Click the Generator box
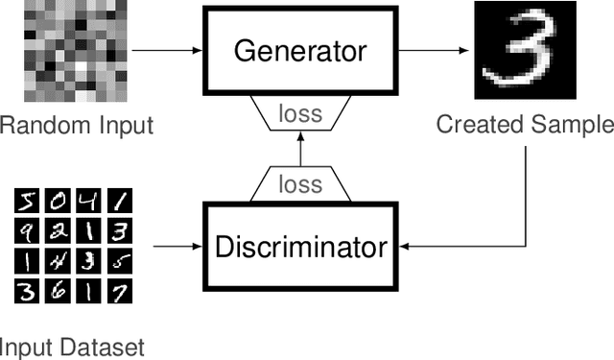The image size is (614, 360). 300,51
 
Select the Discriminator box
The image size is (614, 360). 300,247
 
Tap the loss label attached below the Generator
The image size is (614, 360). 300,114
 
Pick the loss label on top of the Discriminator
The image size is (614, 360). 300,181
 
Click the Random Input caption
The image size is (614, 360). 77,125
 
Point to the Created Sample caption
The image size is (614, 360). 524,124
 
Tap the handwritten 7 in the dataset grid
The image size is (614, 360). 119,291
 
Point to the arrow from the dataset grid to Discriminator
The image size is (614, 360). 177,247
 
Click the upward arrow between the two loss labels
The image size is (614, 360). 300,149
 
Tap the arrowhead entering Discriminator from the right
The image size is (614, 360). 404,247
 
